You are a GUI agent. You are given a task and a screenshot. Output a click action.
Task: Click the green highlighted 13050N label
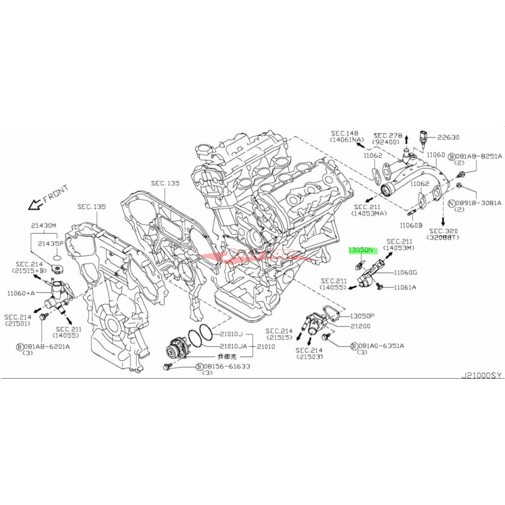[x=361, y=250]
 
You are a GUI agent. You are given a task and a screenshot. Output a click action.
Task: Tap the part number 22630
[x=448, y=137]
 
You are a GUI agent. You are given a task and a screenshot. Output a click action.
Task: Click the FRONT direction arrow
[x=33, y=205]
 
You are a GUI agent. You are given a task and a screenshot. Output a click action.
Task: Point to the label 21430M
[x=43, y=225]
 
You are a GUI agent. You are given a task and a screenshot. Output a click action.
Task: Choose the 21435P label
[x=50, y=243]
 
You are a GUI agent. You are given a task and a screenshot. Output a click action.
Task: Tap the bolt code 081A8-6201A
[x=47, y=346]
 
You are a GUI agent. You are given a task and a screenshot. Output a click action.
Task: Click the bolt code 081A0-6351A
[x=381, y=346]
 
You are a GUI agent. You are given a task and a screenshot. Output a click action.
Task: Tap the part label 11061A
[x=405, y=287]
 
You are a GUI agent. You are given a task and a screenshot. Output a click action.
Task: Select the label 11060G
[x=406, y=273]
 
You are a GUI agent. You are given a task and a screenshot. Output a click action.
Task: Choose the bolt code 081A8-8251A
[x=478, y=156]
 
